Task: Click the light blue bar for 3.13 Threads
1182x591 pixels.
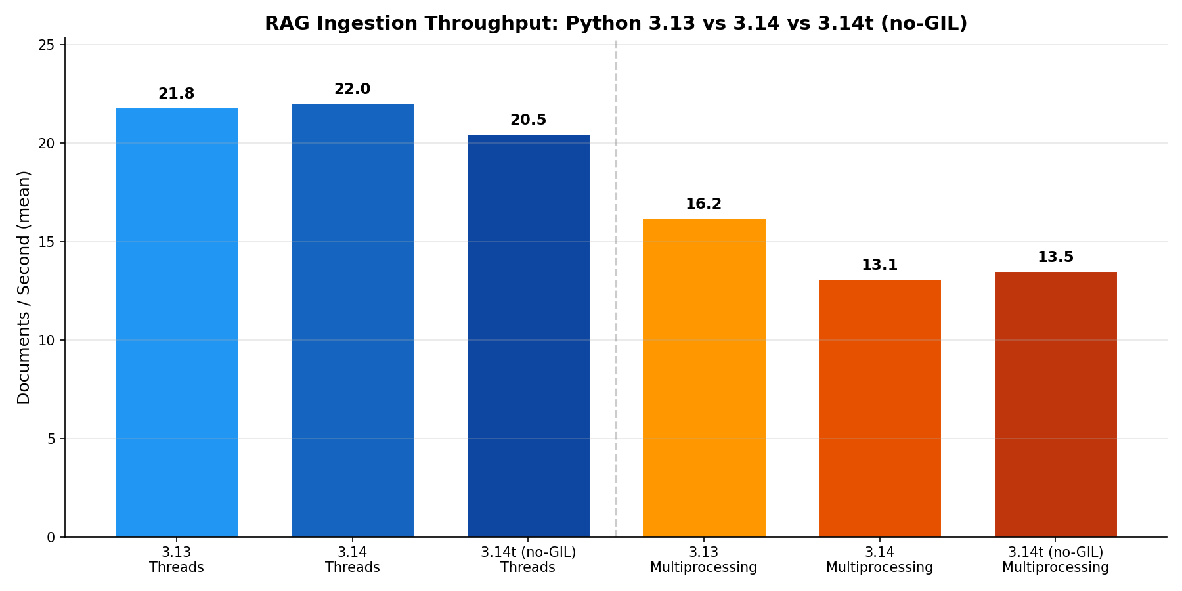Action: [177, 322]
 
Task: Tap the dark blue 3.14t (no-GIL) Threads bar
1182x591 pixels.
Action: [528, 335]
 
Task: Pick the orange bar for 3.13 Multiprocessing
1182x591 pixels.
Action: [704, 378]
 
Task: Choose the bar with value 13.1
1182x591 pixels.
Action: [879, 408]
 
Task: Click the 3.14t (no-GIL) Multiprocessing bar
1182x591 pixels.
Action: [1055, 404]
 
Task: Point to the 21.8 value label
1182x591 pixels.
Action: [177, 94]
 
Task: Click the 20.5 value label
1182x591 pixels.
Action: [528, 120]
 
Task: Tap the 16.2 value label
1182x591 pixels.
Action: [704, 204]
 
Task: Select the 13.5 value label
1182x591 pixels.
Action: [1055, 257]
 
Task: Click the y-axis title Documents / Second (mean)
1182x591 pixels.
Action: [24, 287]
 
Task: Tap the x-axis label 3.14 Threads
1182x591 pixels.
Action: [353, 559]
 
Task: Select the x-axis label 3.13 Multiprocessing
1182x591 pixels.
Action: [704, 559]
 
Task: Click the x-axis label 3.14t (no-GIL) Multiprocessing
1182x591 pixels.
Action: [1055, 559]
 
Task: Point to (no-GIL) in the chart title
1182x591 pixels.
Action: [924, 24]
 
